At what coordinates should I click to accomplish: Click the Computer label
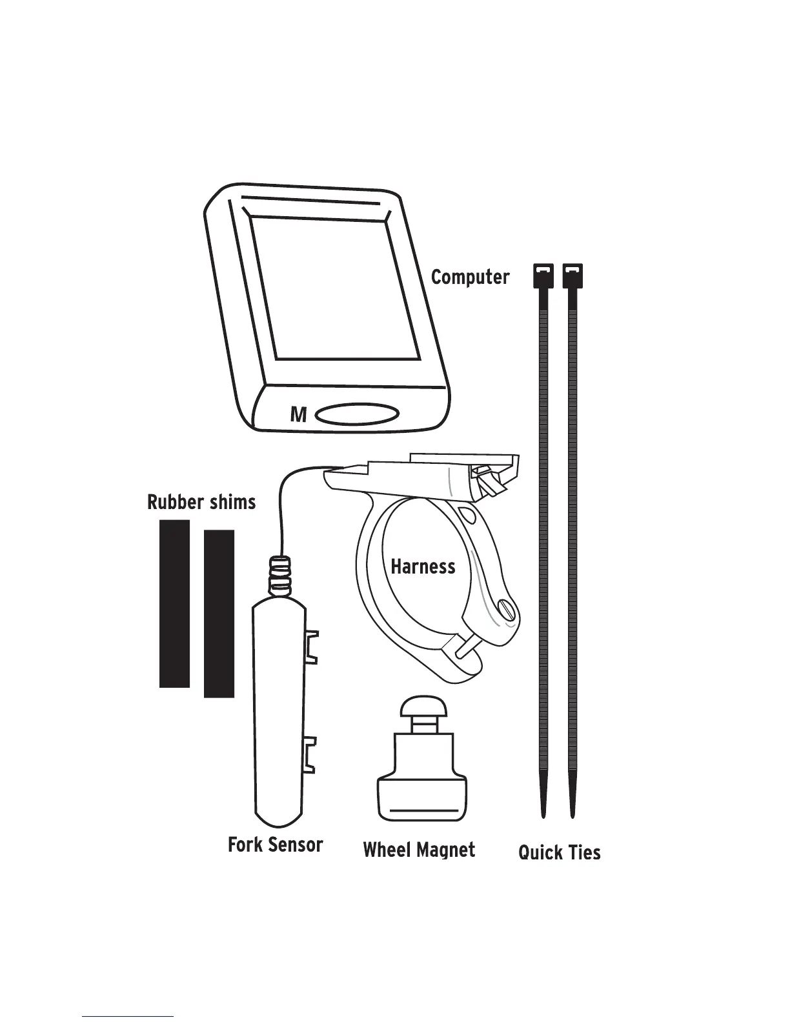click(x=470, y=277)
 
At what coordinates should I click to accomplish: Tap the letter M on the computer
click(x=298, y=414)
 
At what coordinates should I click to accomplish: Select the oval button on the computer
click(x=358, y=414)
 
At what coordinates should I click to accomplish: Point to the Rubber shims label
click(x=201, y=502)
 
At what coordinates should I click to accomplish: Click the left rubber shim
click(x=174, y=603)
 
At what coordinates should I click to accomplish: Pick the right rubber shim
click(x=219, y=613)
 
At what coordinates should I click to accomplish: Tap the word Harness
click(x=423, y=567)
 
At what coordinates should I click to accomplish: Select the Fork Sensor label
click(x=276, y=845)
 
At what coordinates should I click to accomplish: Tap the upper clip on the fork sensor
click(x=312, y=646)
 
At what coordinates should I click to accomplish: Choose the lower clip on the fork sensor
click(x=312, y=754)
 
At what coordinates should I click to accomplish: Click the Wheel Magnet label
click(x=420, y=850)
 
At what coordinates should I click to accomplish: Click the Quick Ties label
click(x=560, y=853)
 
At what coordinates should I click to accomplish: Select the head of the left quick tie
click(x=543, y=276)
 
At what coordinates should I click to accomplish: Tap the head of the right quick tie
click(x=572, y=276)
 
